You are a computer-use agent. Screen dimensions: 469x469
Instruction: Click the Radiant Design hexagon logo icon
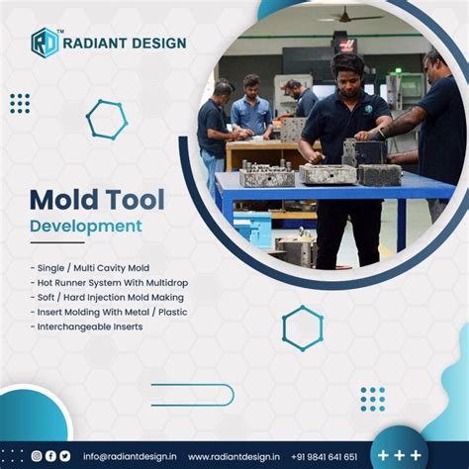coord(45,42)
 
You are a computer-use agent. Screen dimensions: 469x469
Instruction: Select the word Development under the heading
coord(85,227)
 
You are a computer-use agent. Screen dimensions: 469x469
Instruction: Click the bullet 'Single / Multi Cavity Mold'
coord(90,267)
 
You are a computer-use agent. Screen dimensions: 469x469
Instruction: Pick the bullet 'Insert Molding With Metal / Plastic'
coord(108,312)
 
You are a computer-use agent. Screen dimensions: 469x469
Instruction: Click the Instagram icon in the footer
coord(37,456)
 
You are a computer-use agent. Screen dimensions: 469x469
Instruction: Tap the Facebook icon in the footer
coord(50,456)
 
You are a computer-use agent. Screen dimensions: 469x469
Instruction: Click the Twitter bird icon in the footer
coord(64,456)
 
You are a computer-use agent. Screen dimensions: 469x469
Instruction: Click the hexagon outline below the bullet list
coord(302,328)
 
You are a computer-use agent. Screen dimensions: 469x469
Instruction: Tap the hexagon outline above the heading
coord(106,119)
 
